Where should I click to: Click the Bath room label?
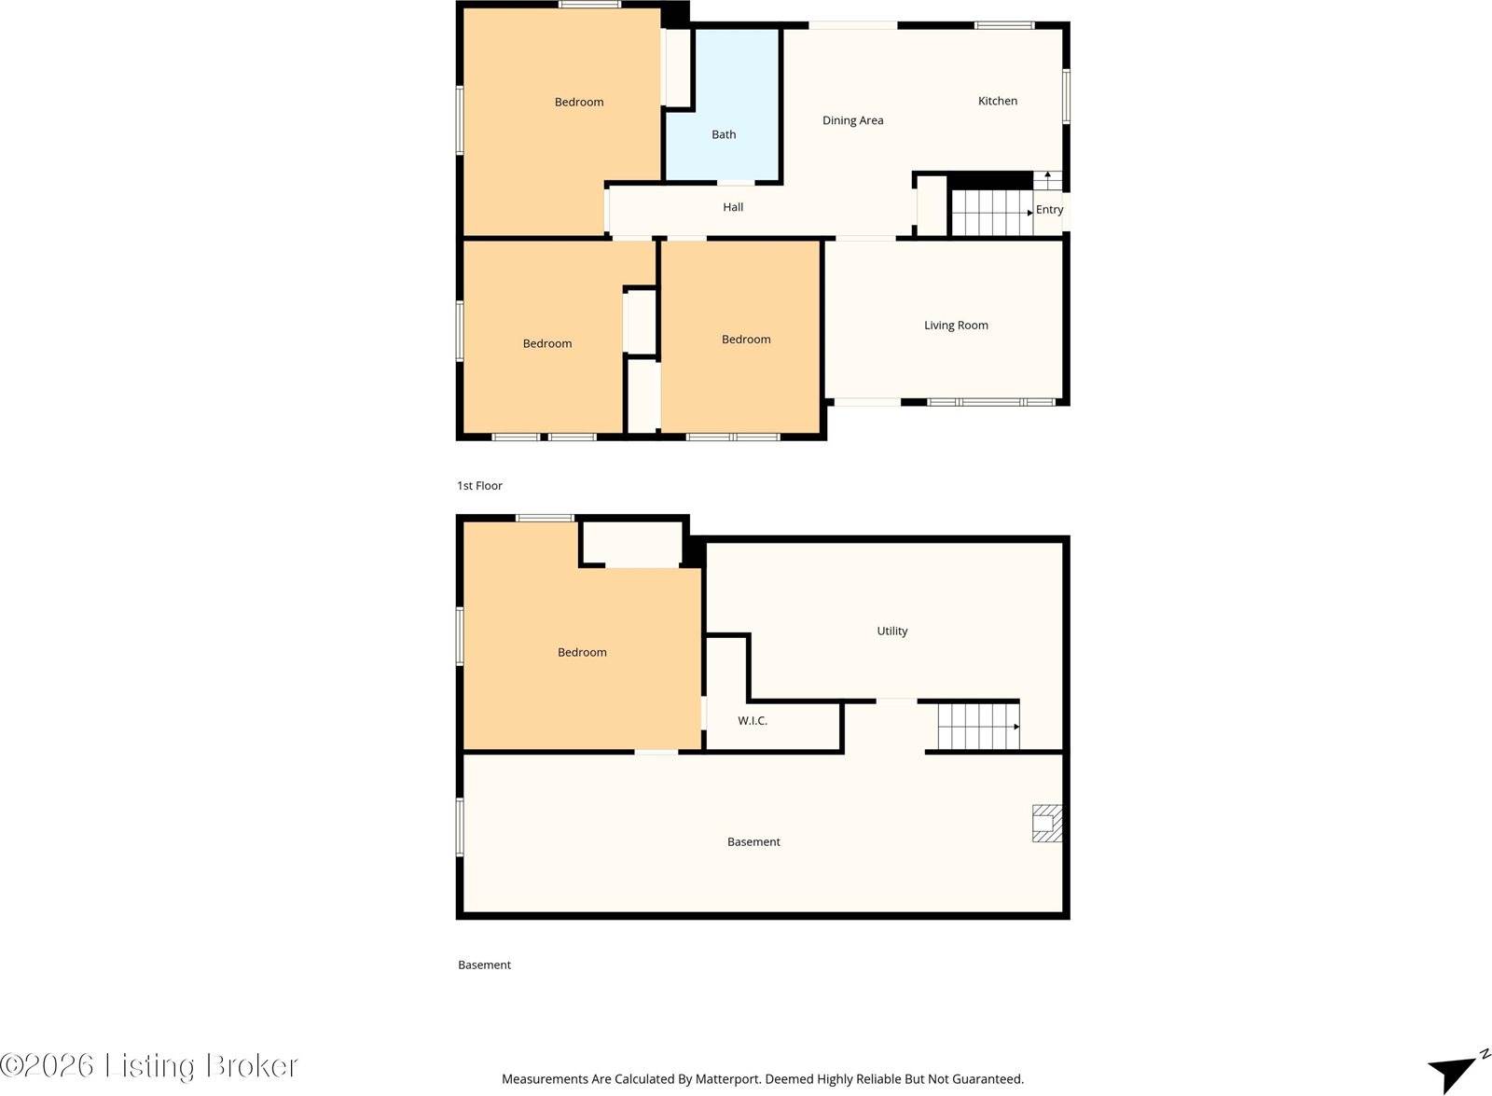[x=724, y=134]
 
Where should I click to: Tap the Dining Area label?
[x=852, y=120]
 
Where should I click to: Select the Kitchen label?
[x=997, y=102]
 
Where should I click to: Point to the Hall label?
[x=733, y=207]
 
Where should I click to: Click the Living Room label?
[x=956, y=326]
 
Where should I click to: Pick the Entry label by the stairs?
[x=1049, y=209]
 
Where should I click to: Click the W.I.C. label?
[x=753, y=721]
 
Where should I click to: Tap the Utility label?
[x=891, y=631]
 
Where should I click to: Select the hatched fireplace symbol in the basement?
[x=1047, y=824]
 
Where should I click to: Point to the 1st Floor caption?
[x=479, y=486]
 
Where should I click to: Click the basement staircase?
[x=978, y=727]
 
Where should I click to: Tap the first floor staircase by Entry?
[x=992, y=213]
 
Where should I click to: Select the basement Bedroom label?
[x=582, y=652]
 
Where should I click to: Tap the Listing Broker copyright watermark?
[x=149, y=1065]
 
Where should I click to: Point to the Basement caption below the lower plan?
[x=484, y=964]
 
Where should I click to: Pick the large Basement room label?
[x=753, y=841]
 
